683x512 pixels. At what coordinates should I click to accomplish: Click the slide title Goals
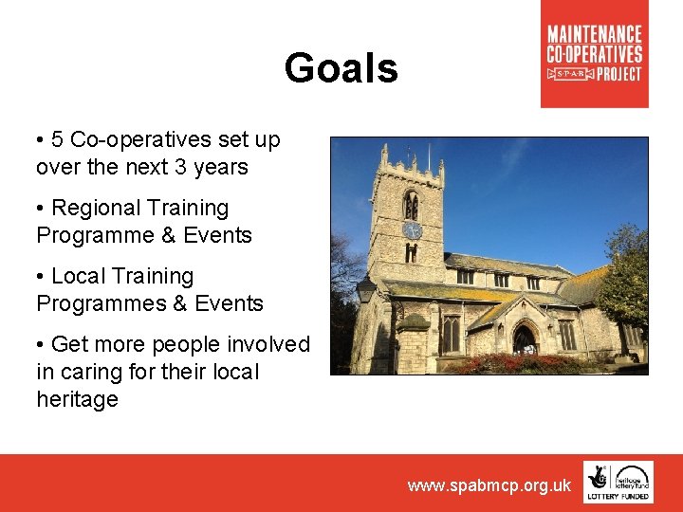tap(341, 68)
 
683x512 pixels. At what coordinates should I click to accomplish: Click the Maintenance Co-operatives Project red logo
tap(594, 54)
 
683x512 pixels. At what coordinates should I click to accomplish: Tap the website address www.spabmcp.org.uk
tap(489, 485)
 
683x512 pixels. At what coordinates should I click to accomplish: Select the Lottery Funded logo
tap(618, 482)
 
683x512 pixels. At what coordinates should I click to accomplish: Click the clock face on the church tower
tap(412, 230)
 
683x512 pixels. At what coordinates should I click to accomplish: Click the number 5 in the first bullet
tap(58, 140)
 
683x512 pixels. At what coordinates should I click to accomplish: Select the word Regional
tap(92, 208)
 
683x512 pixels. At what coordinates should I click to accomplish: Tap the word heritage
tap(77, 399)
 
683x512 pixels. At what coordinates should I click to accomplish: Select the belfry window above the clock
tap(411, 205)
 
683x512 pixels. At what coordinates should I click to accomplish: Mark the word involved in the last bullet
tap(270, 344)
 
